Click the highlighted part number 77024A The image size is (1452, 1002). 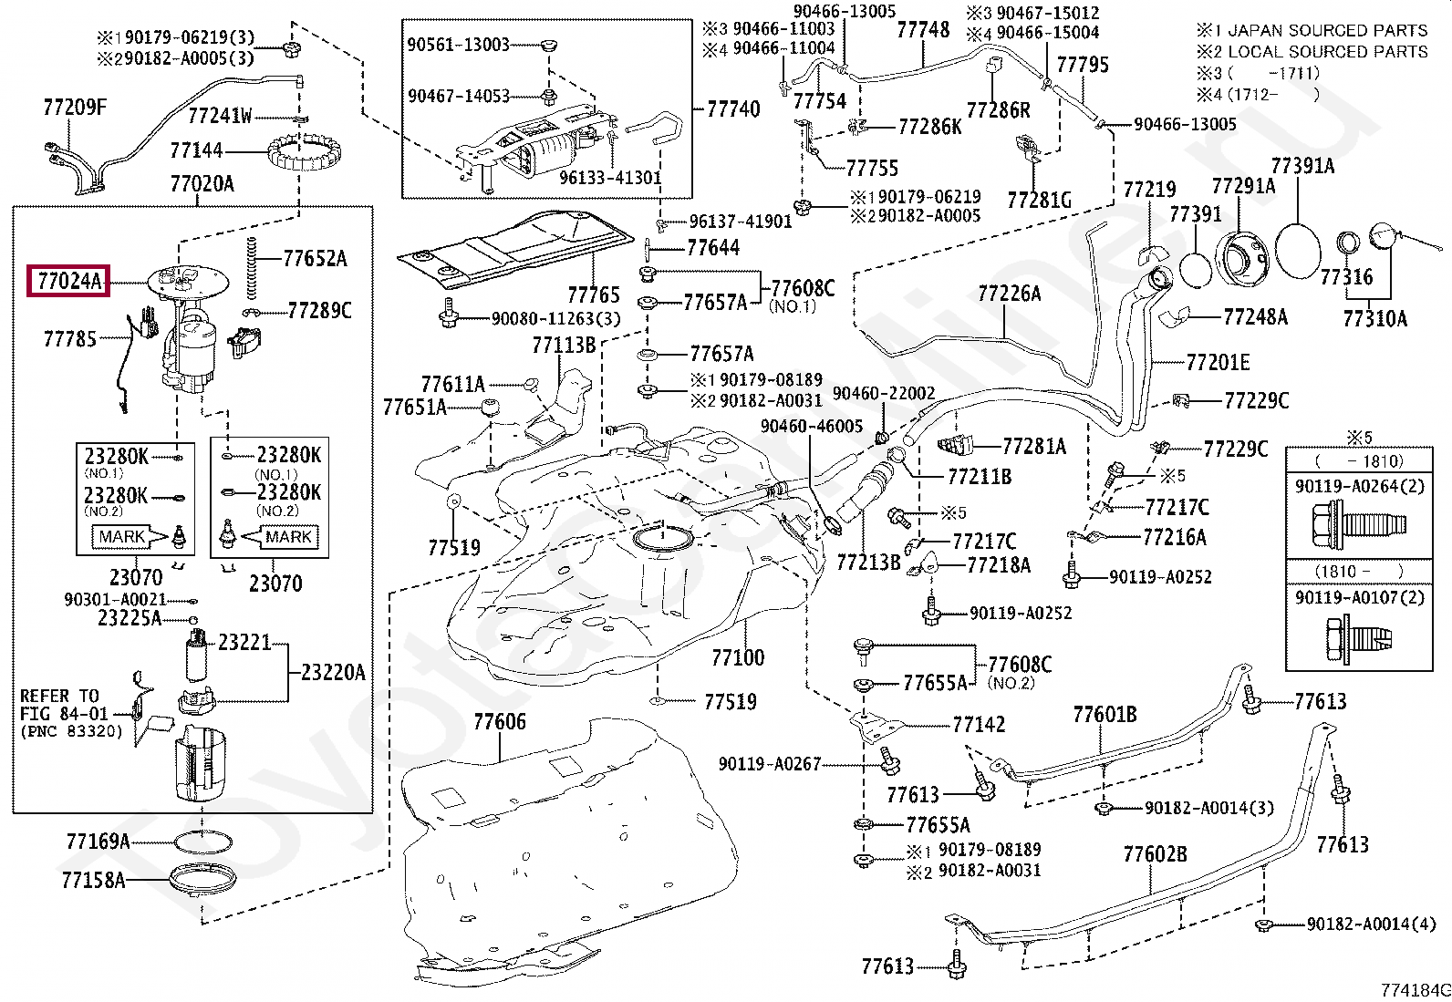click(70, 282)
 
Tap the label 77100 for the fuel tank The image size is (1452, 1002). click(738, 657)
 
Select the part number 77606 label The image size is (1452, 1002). click(500, 723)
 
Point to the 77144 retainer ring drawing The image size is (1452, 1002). click(297, 153)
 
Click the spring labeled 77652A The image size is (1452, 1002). click(252, 266)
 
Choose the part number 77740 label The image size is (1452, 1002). click(733, 109)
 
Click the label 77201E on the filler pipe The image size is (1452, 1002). click(1218, 363)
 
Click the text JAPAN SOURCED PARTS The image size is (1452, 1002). click(1327, 30)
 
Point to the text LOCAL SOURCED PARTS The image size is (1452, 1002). click(1327, 52)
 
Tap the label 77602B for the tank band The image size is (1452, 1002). click(1155, 854)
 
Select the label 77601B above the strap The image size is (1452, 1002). click(1105, 715)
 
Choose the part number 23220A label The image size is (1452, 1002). click(333, 673)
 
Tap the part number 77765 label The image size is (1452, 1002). click(593, 294)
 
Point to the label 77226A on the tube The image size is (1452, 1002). click(1009, 294)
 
